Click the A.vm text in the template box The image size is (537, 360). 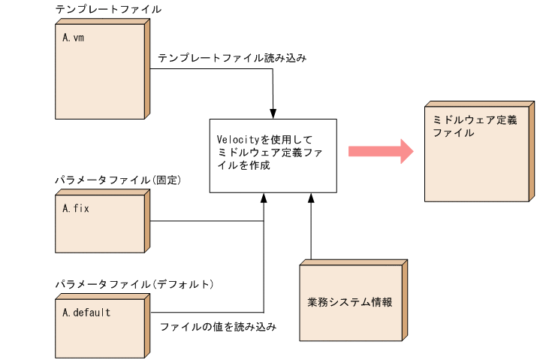(x=73, y=36)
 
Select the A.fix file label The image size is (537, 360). (x=76, y=208)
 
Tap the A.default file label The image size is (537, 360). (x=86, y=312)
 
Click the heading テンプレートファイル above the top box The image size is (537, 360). (x=108, y=10)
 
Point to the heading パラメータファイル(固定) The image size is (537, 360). (x=119, y=181)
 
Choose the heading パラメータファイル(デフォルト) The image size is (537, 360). (x=134, y=284)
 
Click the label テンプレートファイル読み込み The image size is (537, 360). (x=232, y=58)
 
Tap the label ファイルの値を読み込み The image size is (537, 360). (x=218, y=327)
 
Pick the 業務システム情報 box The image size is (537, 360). (x=351, y=302)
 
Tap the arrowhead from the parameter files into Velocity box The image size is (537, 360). (x=264, y=197)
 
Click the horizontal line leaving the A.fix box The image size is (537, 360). (x=207, y=221)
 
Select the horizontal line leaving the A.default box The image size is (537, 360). (x=207, y=312)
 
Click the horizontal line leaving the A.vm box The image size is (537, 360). (x=210, y=69)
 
